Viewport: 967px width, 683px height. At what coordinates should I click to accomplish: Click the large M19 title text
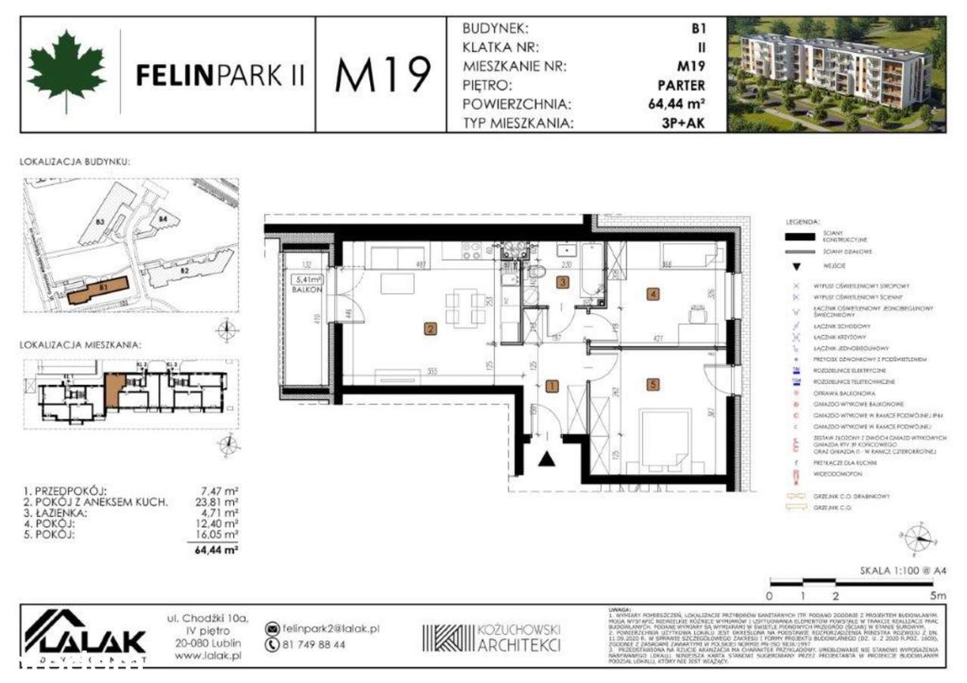(x=383, y=75)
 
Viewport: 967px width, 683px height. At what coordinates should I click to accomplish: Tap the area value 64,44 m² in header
(x=678, y=104)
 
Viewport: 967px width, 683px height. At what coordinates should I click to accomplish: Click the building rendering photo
(x=836, y=74)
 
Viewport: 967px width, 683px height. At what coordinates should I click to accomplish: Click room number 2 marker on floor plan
(x=430, y=328)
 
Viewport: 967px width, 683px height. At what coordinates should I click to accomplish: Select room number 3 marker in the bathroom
(x=561, y=282)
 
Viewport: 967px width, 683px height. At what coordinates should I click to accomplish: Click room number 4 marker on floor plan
(x=652, y=294)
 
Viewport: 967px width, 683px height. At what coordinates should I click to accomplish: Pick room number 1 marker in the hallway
(x=551, y=386)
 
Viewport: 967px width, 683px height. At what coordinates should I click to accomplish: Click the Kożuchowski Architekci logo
(x=492, y=636)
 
